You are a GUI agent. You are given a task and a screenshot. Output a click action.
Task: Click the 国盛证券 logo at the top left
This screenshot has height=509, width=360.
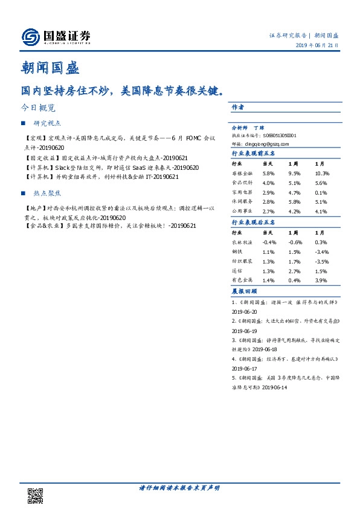(56, 36)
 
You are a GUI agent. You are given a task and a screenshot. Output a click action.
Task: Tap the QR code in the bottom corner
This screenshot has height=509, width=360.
(36, 495)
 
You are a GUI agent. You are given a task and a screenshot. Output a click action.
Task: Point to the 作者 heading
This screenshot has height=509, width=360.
(237, 107)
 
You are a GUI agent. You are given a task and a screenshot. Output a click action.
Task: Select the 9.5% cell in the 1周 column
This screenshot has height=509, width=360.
(295, 173)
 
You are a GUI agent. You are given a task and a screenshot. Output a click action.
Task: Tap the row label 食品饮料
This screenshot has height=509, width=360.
(240, 183)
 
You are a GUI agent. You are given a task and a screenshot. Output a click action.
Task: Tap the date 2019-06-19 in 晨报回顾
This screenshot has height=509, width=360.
(245, 332)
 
